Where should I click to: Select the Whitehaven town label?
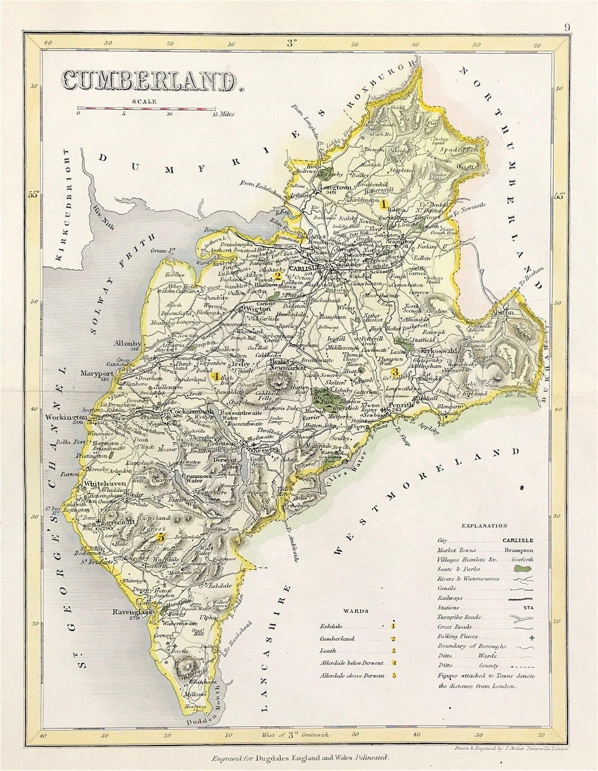105,483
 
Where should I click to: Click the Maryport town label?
96,373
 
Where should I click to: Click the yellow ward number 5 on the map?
161,537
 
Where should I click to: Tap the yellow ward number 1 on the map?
382,204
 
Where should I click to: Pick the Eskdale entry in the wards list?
332,626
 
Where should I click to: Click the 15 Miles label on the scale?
223,114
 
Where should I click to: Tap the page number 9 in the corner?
568,27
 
